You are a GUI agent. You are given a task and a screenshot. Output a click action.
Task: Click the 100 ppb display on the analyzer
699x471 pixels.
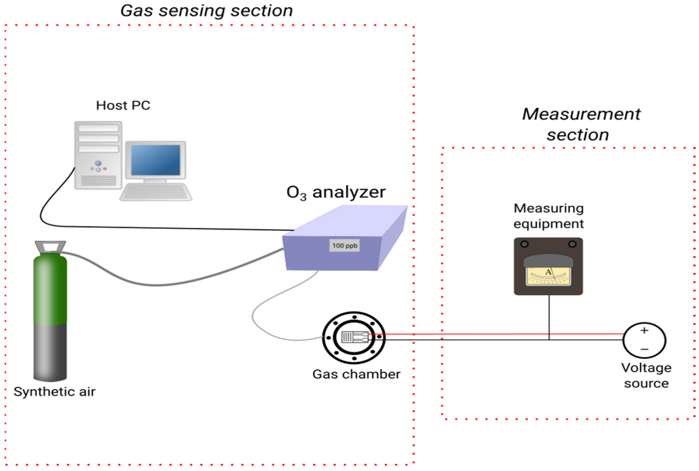click(x=344, y=245)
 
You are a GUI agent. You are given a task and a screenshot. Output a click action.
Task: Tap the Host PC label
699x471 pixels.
click(x=123, y=105)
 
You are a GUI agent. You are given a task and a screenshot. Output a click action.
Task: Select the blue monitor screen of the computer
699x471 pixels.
click(x=156, y=160)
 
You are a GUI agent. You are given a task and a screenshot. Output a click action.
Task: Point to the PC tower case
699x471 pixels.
click(x=98, y=155)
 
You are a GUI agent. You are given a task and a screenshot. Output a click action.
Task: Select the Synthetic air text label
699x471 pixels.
click(x=54, y=392)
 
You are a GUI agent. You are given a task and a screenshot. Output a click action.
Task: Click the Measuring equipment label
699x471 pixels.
click(x=548, y=216)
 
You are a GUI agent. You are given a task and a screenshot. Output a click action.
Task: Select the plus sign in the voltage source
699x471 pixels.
click(x=644, y=331)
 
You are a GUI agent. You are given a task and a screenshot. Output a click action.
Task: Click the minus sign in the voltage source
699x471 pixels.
click(x=644, y=349)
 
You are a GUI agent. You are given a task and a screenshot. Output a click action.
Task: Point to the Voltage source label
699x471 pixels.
click(x=646, y=375)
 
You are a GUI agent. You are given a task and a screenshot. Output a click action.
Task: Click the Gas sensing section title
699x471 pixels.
click(x=207, y=11)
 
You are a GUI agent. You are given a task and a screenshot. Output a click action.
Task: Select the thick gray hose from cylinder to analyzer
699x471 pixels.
click(x=156, y=284)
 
